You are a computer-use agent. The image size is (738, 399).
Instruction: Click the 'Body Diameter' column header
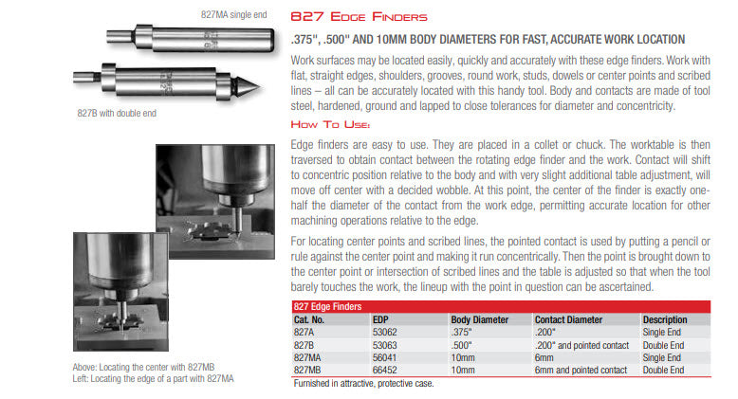point(480,319)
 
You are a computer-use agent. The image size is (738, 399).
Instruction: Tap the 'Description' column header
point(665,319)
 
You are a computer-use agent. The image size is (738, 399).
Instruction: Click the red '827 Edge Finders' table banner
point(327,307)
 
